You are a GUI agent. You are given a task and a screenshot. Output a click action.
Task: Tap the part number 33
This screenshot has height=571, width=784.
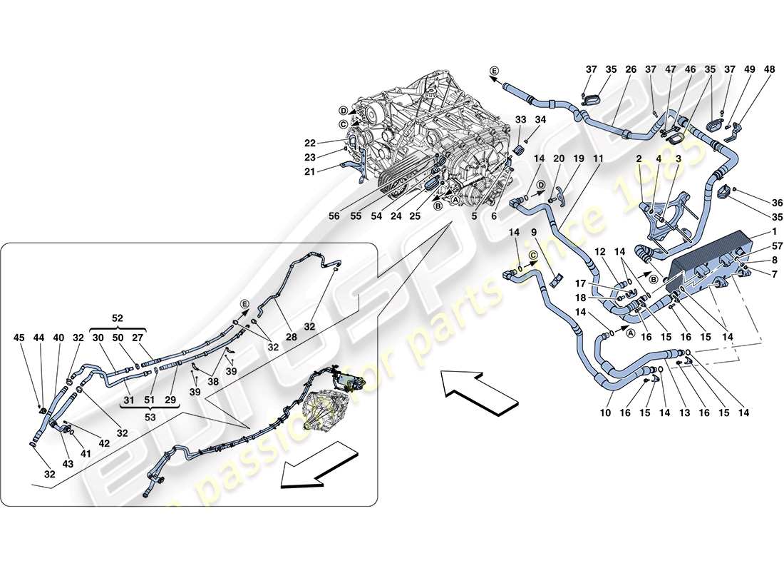[520, 119]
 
